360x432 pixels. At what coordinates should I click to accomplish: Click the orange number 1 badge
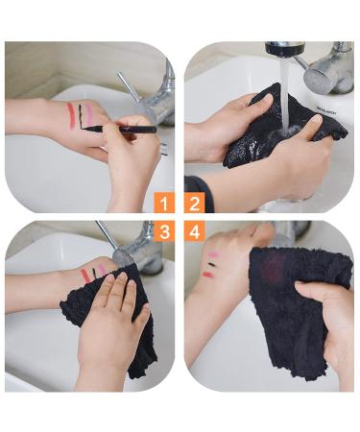[164, 204]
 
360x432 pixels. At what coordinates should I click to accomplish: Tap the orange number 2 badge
[195, 204]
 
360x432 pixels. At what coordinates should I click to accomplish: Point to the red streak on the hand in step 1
[69, 116]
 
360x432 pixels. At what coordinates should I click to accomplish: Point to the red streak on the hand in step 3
[85, 276]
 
